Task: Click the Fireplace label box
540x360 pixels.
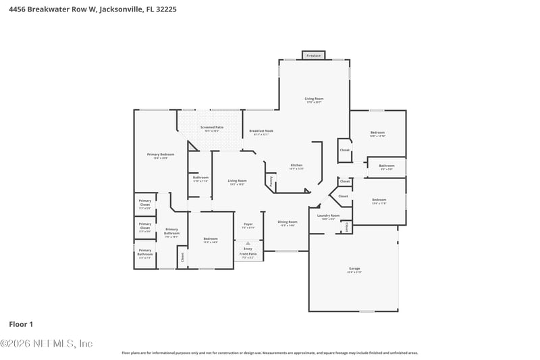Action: coord(313,55)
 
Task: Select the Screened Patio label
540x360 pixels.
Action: coord(213,128)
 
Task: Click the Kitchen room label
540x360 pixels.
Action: coord(296,166)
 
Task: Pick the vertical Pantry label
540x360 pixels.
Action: coord(271,180)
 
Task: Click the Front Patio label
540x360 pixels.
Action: coord(248,255)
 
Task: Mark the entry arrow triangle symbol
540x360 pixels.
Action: coord(248,242)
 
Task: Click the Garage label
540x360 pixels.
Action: coord(354,270)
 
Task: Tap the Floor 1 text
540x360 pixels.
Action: coord(21,324)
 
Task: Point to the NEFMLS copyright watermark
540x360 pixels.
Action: coord(46,344)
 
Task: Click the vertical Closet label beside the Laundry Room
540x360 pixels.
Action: coord(346,227)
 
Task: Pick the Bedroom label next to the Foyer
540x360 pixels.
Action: coord(211,240)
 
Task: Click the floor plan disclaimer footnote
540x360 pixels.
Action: coord(270,353)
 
